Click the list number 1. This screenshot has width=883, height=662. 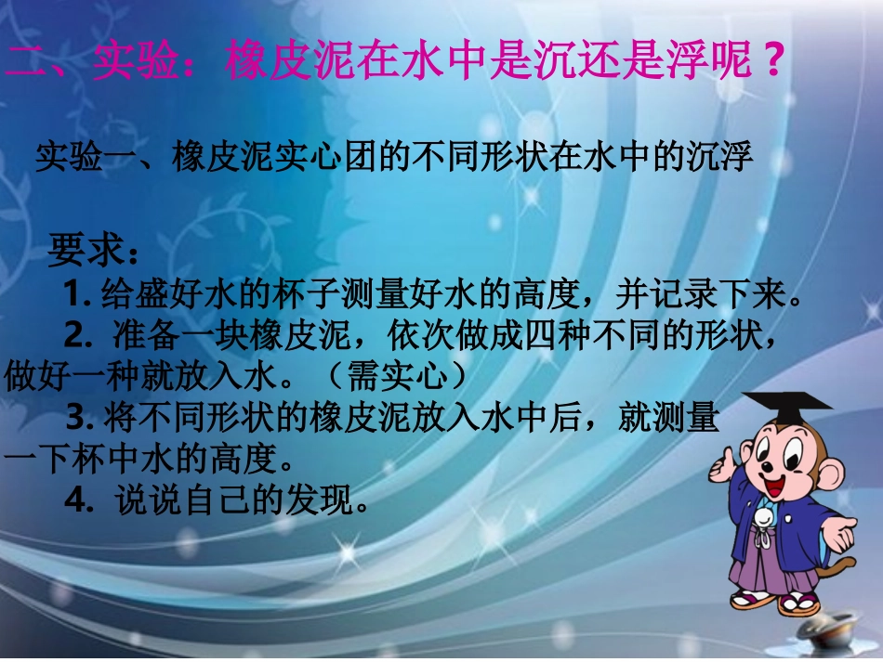[x=73, y=295]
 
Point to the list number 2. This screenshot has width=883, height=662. [x=75, y=332]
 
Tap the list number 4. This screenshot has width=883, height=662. [x=75, y=501]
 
